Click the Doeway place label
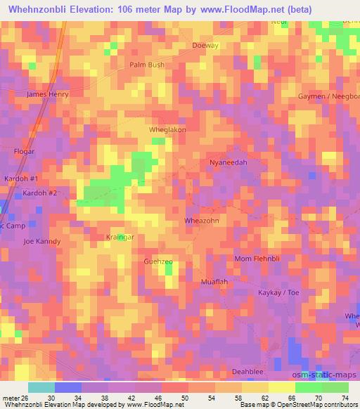(206, 45)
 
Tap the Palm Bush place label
(147, 65)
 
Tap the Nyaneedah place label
(229, 162)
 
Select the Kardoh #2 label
(39, 193)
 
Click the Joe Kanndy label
(42, 241)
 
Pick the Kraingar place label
(120, 238)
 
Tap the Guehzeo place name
(158, 261)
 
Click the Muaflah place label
(214, 282)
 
